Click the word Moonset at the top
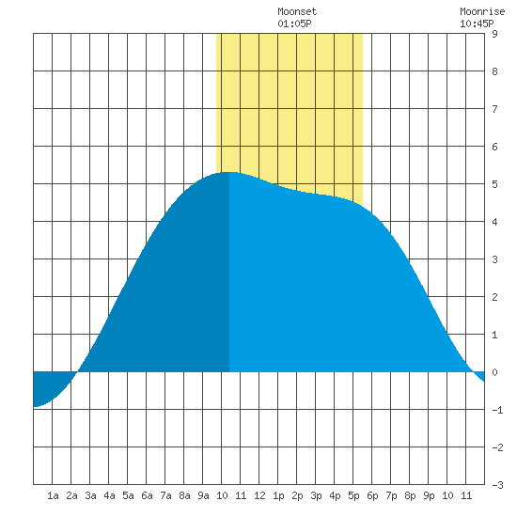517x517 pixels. pos(297,11)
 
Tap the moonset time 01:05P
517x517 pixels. pos(294,23)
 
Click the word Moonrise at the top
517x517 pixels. pos(482,11)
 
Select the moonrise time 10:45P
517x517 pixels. pos(477,23)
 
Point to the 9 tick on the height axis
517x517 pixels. pos(494,34)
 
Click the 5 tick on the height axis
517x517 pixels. pos(494,184)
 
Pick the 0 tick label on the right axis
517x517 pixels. pos(494,372)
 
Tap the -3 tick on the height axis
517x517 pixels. pos(497,485)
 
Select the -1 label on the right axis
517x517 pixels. pos(497,410)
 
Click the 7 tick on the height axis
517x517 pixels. pos(494,109)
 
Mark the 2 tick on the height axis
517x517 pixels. pos(494,297)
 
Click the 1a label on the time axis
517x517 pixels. pos(53,495)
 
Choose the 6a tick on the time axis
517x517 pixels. pos(147,495)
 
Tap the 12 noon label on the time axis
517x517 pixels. pos(259,495)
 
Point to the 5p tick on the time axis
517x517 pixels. pos(353,495)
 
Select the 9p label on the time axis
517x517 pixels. pos(429,495)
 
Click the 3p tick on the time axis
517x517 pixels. pos(316,495)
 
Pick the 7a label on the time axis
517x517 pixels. pos(165,495)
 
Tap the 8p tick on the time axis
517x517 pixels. pos(410,495)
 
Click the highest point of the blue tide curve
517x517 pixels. pos(229,172)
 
